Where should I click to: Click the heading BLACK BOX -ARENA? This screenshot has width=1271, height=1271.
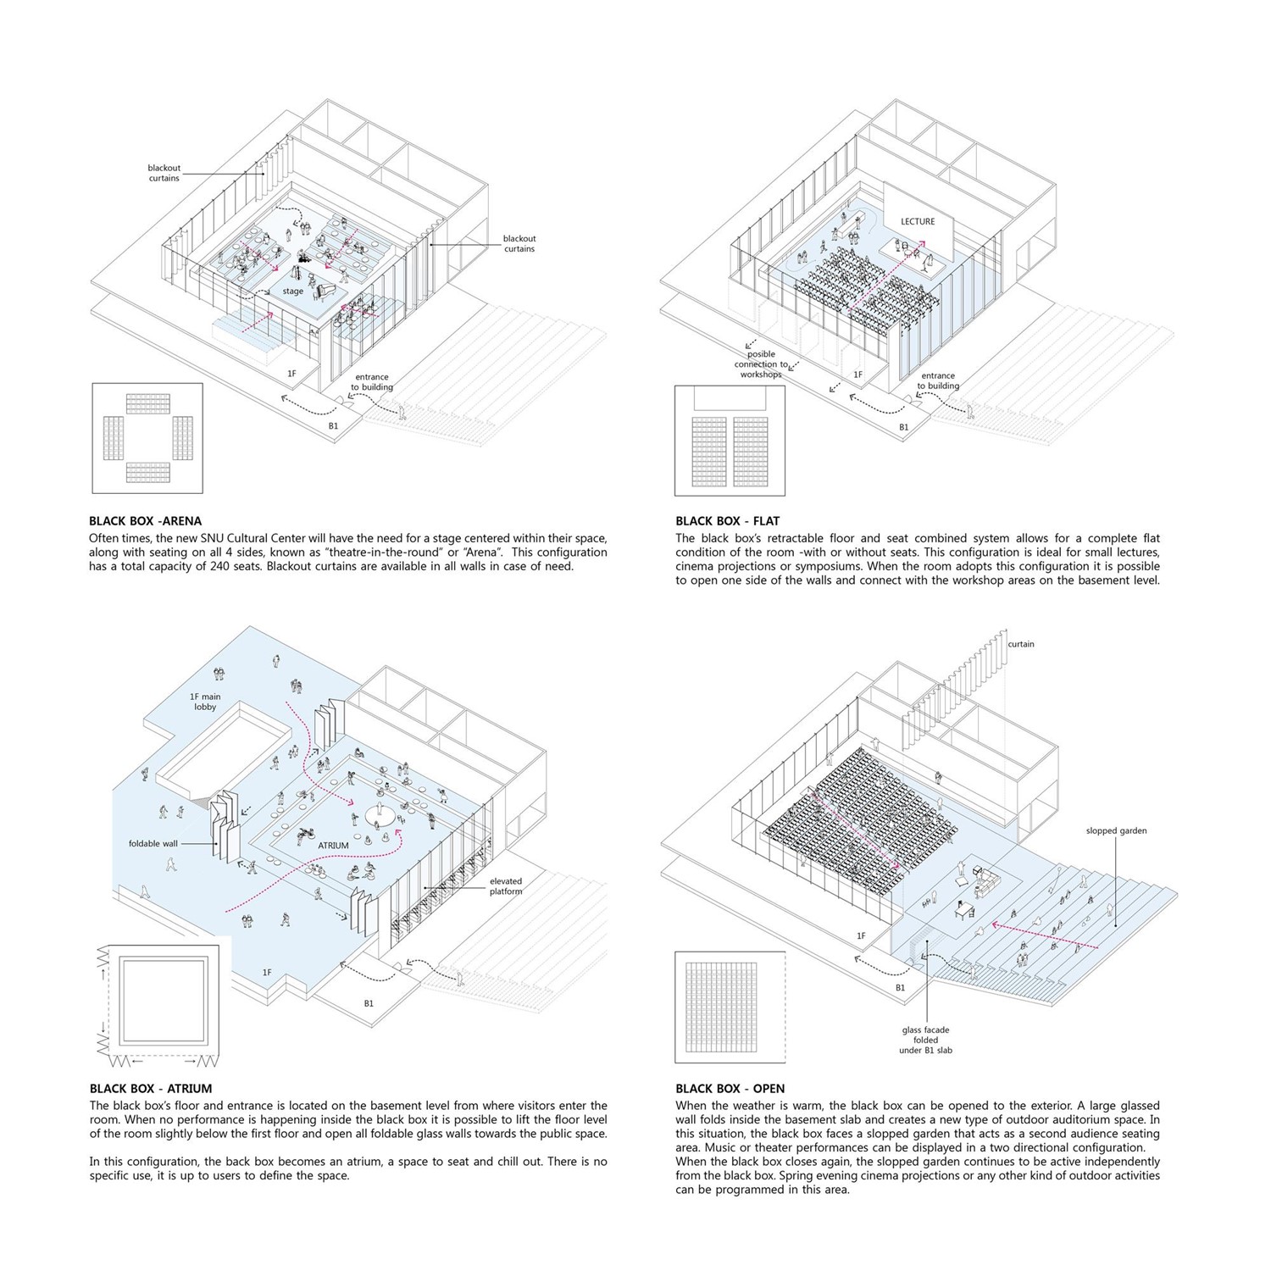(146, 521)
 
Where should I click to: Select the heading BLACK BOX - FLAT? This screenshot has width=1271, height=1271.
(727, 521)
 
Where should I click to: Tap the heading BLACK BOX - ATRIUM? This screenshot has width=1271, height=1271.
(151, 1089)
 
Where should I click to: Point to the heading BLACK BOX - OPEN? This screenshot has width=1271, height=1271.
(730, 1089)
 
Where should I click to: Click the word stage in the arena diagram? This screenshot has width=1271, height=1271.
(292, 291)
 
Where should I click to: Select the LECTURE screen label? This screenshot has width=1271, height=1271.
(918, 221)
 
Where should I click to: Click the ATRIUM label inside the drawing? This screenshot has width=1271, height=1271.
(333, 846)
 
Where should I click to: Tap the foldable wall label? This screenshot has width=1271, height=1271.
(154, 844)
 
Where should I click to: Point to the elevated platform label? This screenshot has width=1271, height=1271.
(506, 886)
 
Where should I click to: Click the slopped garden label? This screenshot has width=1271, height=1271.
(1117, 831)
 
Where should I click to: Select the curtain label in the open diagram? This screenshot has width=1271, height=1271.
(1021, 644)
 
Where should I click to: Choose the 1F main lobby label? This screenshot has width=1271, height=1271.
(205, 702)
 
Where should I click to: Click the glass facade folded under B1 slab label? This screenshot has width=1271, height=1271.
(925, 1041)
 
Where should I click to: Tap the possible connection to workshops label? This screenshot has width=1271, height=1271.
(761, 364)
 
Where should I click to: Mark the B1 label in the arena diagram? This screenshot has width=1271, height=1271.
(333, 426)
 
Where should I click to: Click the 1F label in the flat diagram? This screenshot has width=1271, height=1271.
(858, 375)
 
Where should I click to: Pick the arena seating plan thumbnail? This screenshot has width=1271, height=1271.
(147, 438)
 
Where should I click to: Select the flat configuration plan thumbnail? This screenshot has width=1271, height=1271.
(730, 441)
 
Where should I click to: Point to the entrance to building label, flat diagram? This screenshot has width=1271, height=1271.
(938, 380)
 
